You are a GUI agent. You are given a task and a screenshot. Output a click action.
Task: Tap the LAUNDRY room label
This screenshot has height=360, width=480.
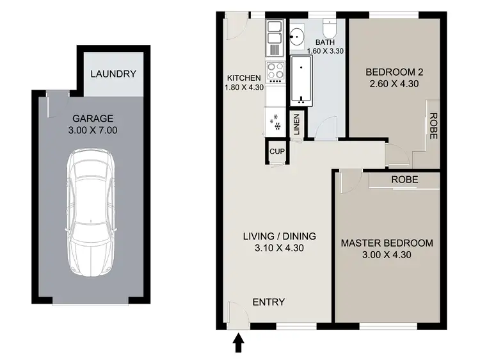(x=113, y=74)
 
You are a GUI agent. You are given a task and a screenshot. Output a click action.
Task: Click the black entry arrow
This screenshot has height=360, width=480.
(x=238, y=344)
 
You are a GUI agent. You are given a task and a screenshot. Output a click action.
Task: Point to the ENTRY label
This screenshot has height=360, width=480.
(x=269, y=302)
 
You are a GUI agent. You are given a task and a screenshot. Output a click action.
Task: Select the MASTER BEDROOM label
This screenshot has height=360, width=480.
(x=387, y=243)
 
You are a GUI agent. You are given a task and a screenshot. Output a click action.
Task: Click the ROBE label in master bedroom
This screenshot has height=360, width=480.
(x=404, y=180)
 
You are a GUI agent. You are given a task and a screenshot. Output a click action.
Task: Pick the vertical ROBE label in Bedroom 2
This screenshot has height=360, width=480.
(x=433, y=126)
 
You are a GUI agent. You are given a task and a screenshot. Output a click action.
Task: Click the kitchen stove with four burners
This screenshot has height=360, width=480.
(x=275, y=72)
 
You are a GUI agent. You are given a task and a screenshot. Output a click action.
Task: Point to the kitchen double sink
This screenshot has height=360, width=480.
(x=275, y=38)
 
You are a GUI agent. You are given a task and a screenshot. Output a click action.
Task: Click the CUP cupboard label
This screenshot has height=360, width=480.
(x=277, y=152)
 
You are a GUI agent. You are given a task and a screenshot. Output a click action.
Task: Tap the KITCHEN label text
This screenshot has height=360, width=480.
(x=243, y=79)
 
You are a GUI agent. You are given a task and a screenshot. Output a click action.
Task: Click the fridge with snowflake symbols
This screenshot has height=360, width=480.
(x=275, y=121)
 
